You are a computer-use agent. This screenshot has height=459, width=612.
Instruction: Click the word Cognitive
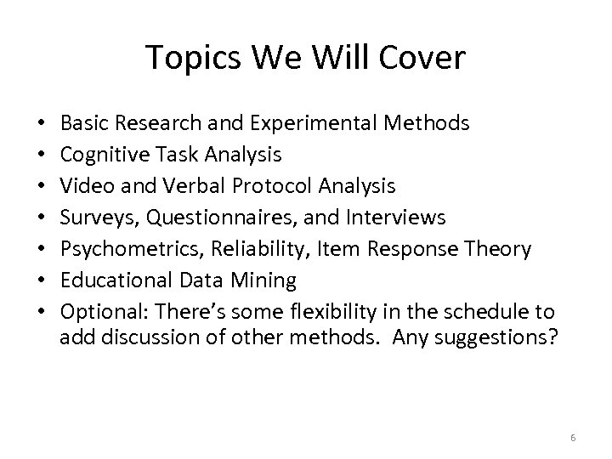click(x=100, y=155)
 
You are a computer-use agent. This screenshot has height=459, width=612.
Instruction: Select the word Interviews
click(x=396, y=218)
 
